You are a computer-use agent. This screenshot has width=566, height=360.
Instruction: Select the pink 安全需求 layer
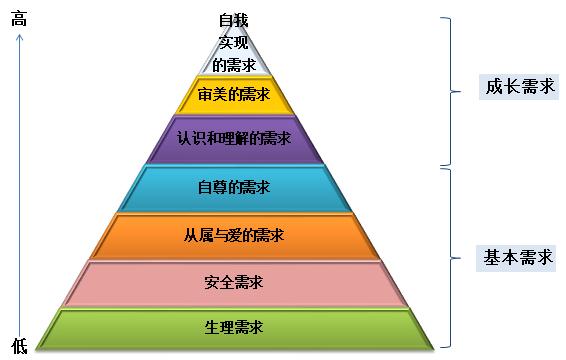pos(150,283)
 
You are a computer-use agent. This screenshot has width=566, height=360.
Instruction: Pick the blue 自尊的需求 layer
pos(190,187)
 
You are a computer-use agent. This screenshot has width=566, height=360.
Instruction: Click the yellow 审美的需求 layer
pos(200,96)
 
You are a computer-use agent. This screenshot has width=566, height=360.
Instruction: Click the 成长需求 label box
pos(517,87)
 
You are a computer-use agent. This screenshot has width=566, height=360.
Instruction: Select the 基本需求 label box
pos(517,257)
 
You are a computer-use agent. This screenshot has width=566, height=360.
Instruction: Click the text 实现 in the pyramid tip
pos(235,42)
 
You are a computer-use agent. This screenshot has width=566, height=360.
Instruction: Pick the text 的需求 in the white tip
pos(235,64)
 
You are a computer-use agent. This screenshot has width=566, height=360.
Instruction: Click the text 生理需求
pos(234,328)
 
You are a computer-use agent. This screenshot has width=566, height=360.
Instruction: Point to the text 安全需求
pos(234,282)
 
